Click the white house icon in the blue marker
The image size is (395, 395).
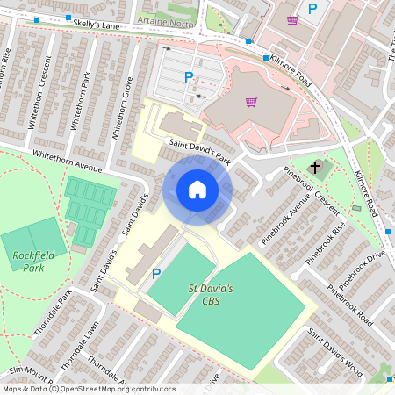(x=197, y=190)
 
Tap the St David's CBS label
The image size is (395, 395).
(x=211, y=294)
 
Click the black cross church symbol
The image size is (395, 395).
(x=315, y=167)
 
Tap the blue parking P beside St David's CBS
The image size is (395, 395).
(x=156, y=274)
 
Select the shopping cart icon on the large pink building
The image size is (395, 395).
(x=251, y=102)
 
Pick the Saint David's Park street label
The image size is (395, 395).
(x=201, y=152)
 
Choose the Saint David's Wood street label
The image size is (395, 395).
(x=334, y=352)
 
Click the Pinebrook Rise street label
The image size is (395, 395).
(x=326, y=242)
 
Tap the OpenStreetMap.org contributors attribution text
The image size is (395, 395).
(x=114, y=389)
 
